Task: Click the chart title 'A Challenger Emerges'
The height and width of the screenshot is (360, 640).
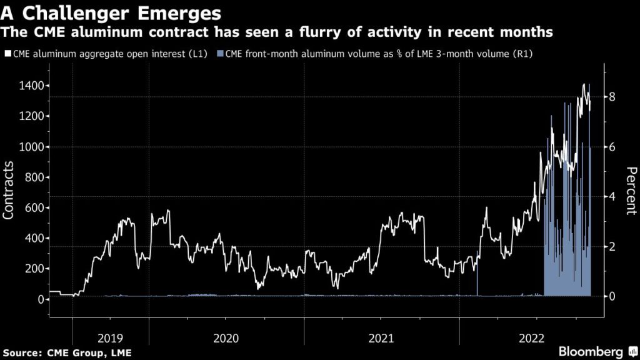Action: (111, 12)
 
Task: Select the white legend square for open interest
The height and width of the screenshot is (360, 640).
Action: (7, 54)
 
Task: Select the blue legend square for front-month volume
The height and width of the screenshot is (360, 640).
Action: (219, 54)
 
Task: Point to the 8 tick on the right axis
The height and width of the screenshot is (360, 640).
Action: (613, 97)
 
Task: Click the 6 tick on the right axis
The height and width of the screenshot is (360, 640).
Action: (613, 147)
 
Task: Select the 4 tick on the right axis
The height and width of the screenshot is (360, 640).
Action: (613, 196)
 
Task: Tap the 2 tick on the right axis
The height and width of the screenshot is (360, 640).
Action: (613, 246)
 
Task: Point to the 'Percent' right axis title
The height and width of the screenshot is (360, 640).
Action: (631, 191)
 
